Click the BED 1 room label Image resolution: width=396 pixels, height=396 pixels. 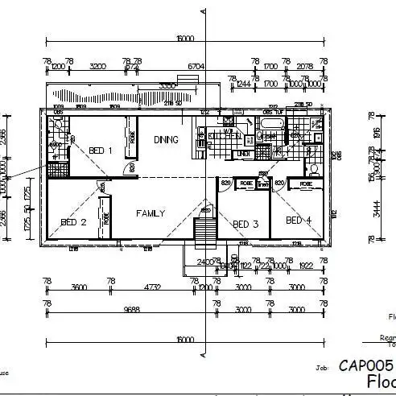(x=100, y=151)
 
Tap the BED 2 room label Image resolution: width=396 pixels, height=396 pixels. (x=73, y=222)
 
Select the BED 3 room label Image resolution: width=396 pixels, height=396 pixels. (x=245, y=224)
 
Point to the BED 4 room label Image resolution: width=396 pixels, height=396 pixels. (x=298, y=220)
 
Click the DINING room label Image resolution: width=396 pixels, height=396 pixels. (x=166, y=139)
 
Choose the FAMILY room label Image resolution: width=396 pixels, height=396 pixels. (x=151, y=213)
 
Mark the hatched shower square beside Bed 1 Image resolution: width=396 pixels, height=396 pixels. (x=56, y=170)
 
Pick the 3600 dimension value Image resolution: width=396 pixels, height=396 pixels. (x=79, y=287)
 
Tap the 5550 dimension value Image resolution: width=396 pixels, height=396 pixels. (x=167, y=85)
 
